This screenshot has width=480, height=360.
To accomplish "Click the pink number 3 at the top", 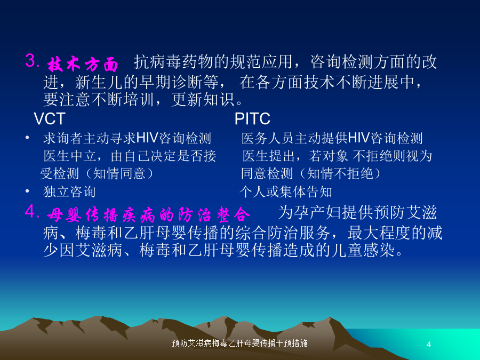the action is [x=32, y=60].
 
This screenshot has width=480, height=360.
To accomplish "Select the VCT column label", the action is [x=49, y=118].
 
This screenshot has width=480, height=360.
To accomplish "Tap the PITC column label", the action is [x=252, y=118].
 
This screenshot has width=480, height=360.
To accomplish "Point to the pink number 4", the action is [x=32, y=211].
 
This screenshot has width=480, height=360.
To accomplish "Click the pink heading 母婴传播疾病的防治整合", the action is [x=148, y=214].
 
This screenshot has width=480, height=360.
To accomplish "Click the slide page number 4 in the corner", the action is [x=429, y=345].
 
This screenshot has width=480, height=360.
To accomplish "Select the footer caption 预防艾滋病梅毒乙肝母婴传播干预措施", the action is [x=239, y=343].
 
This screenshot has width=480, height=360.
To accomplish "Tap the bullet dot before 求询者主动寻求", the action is [x=27, y=138].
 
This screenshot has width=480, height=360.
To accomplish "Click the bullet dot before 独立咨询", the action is [x=27, y=191].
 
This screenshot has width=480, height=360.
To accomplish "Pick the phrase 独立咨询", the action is [x=69, y=191].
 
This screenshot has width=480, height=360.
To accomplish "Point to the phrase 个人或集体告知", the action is [x=286, y=191].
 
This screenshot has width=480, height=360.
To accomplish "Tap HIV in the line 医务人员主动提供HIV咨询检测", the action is [x=359, y=138].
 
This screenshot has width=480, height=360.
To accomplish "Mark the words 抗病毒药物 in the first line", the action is [x=174, y=61].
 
